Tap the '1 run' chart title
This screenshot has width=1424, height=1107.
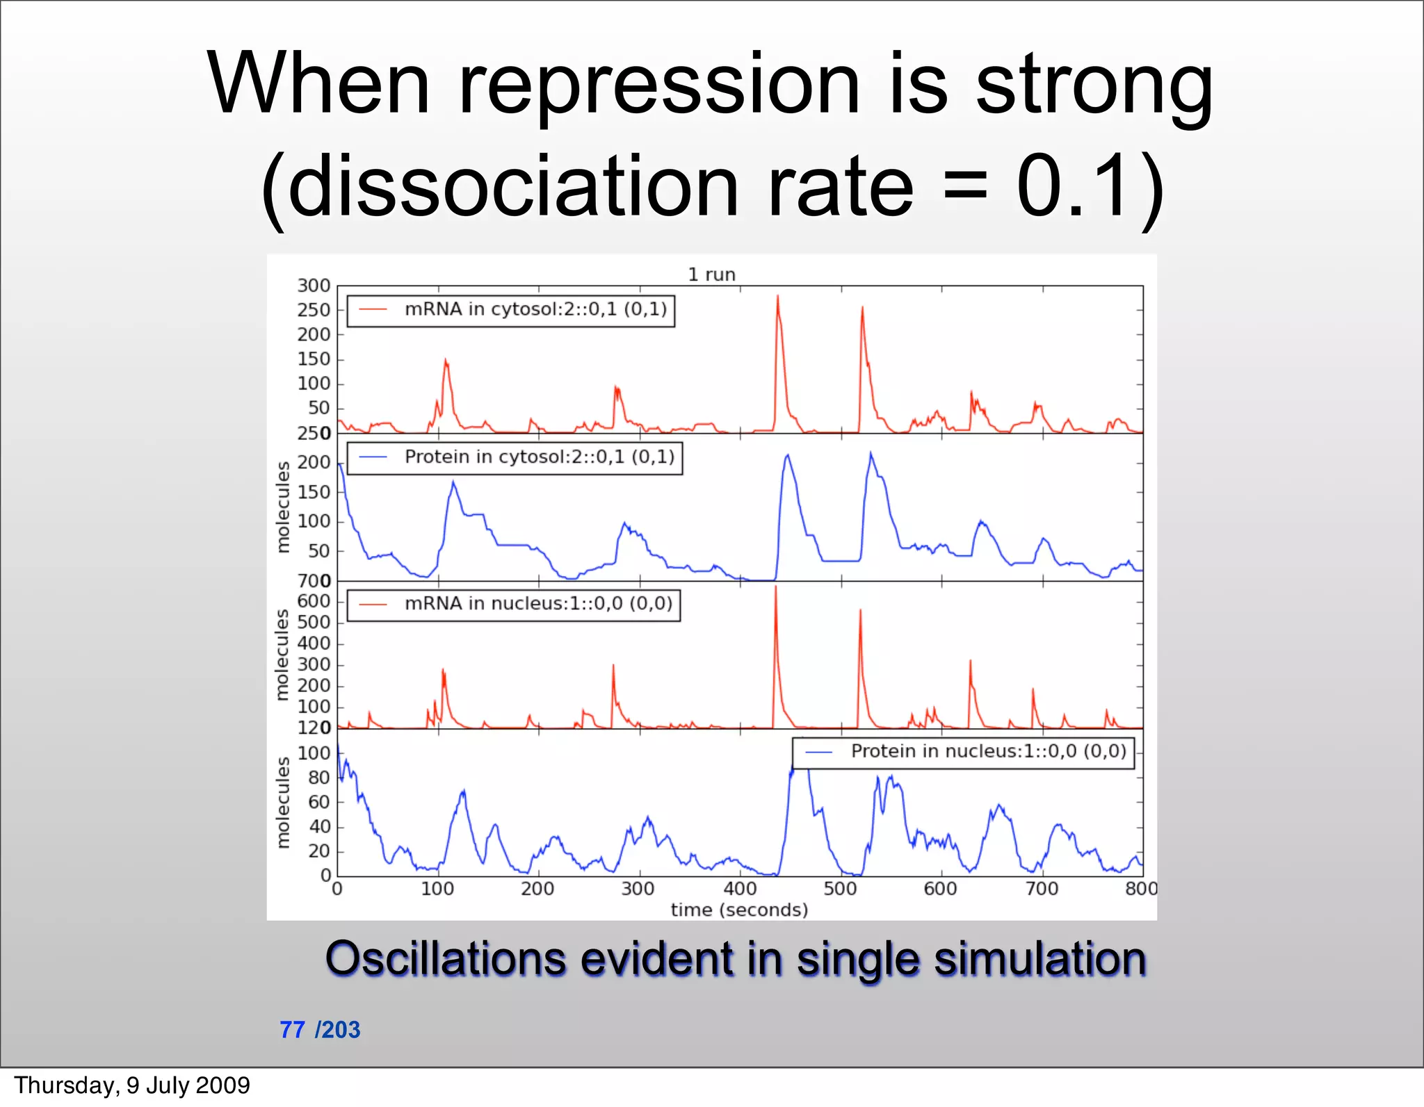(x=711, y=274)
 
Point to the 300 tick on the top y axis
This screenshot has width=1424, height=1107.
(x=314, y=286)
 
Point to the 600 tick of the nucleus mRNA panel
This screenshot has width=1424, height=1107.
(x=314, y=601)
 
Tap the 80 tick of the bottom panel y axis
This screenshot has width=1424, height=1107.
(x=318, y=778)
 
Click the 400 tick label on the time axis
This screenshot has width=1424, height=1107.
(x=740, y=889)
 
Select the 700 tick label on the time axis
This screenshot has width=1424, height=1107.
(x=1042, y=889)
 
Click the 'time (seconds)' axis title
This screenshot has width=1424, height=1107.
(x=739, y=910)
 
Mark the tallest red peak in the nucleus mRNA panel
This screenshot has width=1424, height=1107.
(x=776, y=588)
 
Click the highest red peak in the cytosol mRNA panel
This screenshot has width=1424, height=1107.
(x=777, y=297)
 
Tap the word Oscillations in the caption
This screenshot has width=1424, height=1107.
(x=445, y=959)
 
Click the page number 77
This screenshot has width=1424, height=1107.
(x=292, y=1030)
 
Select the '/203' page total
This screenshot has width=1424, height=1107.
(x=338, y=1030)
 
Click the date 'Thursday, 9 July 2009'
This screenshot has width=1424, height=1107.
(x=132, y=1085)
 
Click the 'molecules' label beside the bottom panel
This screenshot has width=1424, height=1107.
(x=282, y=803)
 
